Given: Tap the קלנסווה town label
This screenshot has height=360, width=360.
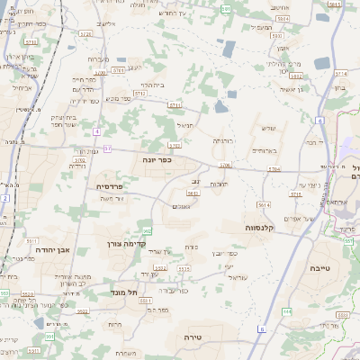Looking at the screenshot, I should click(258, 228).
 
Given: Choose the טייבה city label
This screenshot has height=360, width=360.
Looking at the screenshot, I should click(320, 268).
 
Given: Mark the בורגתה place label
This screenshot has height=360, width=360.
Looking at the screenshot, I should click(224, 140).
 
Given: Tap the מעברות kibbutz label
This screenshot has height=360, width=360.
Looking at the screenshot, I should click(99, 58).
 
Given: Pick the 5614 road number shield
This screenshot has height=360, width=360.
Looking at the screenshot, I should click(264, 204).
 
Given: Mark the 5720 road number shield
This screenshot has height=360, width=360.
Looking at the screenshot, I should click(85, 33).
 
